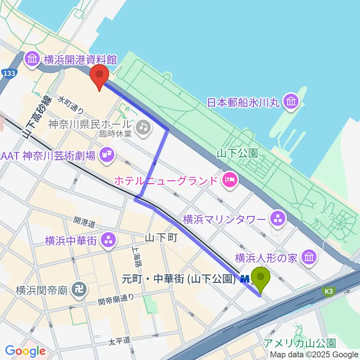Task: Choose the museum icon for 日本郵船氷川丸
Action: [x=291, y=101]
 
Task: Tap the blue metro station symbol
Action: [x=245, y=279]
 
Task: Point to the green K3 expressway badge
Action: [x=329, y=291]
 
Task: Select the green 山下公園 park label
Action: [x=238, y=153]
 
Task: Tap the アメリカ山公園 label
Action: [x=300, y=343]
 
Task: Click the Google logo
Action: [x=25, y=351]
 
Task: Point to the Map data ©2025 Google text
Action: [x=314, y=354]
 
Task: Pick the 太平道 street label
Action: [x=120, y=341]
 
